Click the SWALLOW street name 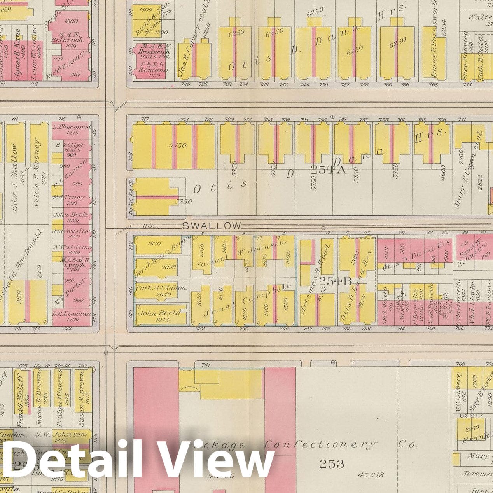pos(211,226)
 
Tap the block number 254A pos(328,169)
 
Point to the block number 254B pos(329,281)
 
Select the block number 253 pos(332,463)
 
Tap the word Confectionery pos(321,445)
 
